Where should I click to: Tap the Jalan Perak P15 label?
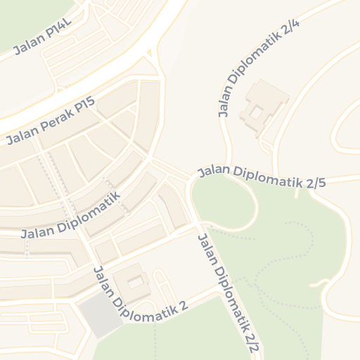(x=50, y=121)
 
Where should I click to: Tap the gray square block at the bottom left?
(x=98, y=316)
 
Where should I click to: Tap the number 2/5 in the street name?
(x=316, y=183)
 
